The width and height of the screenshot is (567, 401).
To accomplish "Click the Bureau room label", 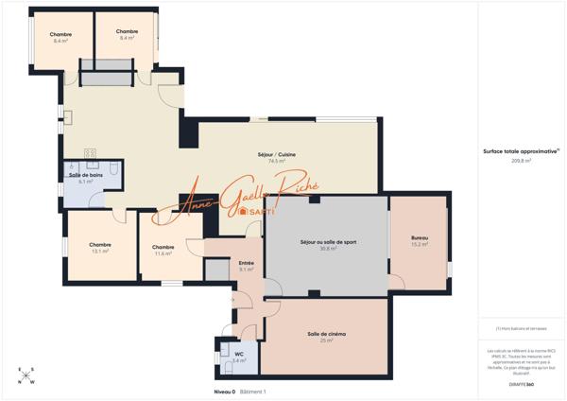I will pos(420,237).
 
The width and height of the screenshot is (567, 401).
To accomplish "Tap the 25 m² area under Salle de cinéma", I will pos(325,341).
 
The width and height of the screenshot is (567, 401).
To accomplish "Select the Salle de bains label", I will pos(85,175).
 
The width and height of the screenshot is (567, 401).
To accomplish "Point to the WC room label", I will pos(239,353).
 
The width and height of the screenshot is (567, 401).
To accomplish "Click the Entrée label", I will pos(246,263).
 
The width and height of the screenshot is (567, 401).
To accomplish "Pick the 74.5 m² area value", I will pos(277,162).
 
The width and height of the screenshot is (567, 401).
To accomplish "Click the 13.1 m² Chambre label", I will pos(100,244).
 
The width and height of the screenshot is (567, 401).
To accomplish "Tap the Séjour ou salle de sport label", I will pos(328,241).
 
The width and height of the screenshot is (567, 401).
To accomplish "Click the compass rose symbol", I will pos(26,375).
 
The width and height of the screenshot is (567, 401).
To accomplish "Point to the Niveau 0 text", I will pos(224,391).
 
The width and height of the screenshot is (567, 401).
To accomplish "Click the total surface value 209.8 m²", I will pos(521,161).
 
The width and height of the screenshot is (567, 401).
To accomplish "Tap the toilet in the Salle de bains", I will pos(112,168).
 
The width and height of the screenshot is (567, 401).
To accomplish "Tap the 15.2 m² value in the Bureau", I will pos(420,245).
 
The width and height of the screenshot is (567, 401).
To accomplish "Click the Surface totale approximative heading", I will pos(521,151).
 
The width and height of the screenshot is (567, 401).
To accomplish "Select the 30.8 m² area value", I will pos(328,249).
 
